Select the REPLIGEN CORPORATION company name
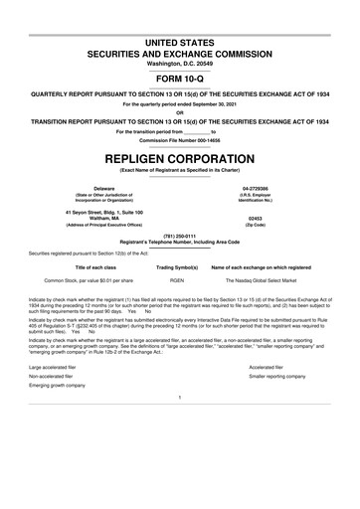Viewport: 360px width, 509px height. (x=179, y=158)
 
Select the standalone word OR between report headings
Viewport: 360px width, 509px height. (x=179, y=111)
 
